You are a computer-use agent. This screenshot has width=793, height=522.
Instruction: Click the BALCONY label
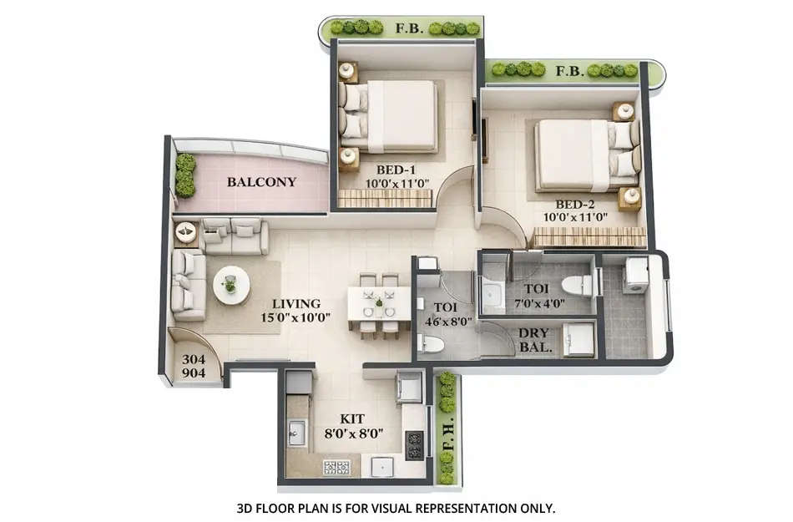(261, 181)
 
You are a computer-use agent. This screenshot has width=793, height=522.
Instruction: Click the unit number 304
(194, 360)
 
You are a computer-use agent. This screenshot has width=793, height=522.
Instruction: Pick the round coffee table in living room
(231, 285)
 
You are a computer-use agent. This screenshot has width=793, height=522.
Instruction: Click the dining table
(379, 302)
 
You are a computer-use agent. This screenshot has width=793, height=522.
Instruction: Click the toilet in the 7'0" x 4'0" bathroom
(577, 285)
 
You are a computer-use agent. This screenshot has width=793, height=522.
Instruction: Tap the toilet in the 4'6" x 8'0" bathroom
(431, 343)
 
